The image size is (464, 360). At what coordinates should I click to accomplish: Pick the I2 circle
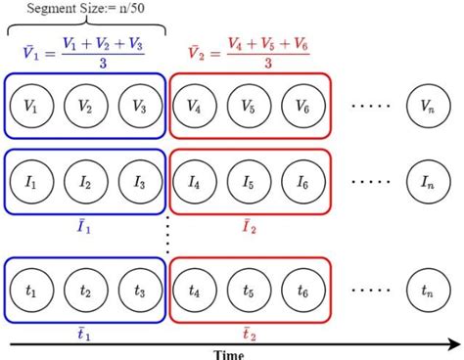(x=85, y=182)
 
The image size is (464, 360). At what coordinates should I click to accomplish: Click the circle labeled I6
(x=302, y=182)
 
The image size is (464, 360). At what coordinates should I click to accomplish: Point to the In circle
(x=426, y=181)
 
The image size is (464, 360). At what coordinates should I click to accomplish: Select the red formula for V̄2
(x=250, y=52)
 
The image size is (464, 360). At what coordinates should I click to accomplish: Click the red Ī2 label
(x=251, y=227)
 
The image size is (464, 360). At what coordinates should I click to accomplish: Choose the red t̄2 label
(x=251, y=332)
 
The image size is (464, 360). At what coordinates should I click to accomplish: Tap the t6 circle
(x=302, y=290)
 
